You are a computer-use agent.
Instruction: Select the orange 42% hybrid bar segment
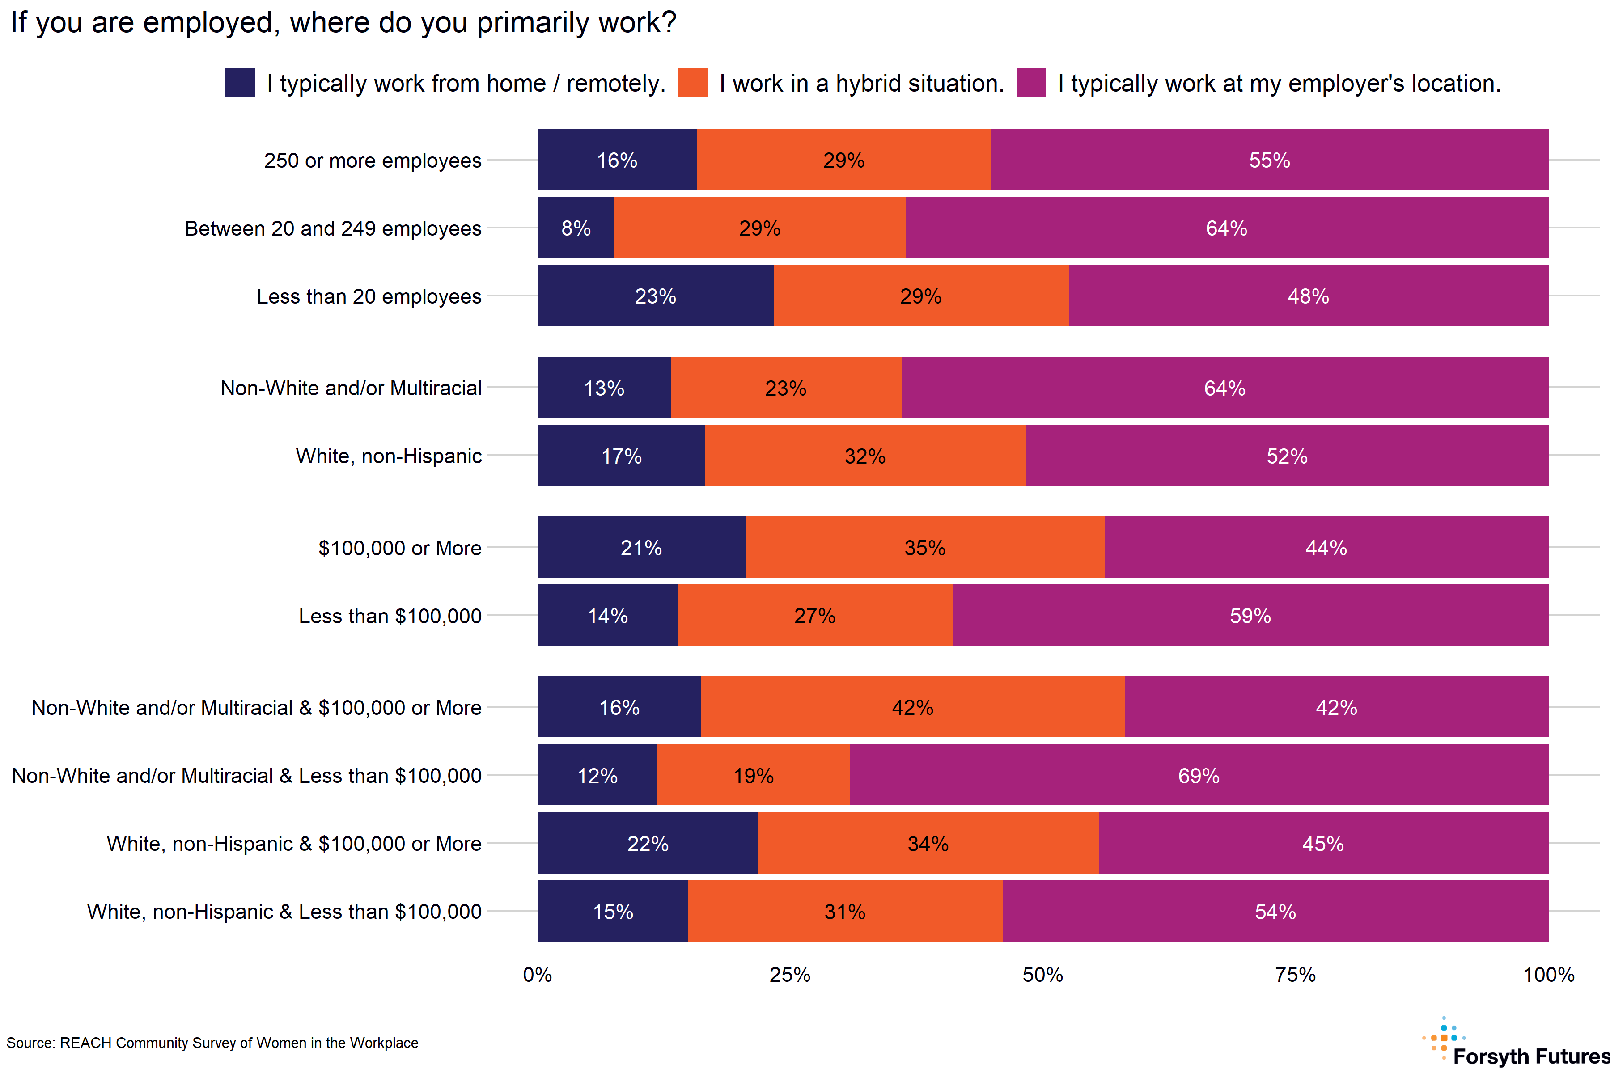(912, 707)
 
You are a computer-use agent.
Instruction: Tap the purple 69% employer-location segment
(1199, 775)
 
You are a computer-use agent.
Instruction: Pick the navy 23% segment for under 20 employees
(655, 296)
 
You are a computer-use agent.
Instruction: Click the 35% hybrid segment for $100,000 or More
(925, 547)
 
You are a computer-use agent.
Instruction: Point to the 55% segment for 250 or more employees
(1269, 160)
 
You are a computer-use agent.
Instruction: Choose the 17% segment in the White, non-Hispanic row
(621, 456)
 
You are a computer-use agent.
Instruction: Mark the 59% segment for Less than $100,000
(1250, 615)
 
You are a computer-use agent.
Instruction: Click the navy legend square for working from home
(240, 82)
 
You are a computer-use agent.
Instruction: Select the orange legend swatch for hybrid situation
(692, 82)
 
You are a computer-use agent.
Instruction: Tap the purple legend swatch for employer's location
(1031, 82)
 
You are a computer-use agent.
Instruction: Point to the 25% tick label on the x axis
(790, 975)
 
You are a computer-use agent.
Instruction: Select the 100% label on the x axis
(1548, 975)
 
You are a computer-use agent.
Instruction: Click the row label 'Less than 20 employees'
(369, 296)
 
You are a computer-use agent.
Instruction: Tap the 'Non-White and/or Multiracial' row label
(351, 388)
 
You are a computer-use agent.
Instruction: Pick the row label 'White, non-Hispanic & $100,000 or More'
(294, 844)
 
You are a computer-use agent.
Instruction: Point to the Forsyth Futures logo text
(1530, 1056)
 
